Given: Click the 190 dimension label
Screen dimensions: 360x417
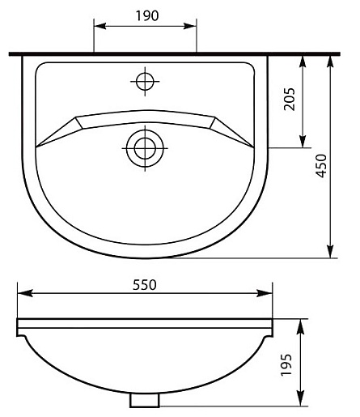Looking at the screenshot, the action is (147, 15).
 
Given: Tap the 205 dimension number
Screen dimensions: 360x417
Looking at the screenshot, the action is (290, 99).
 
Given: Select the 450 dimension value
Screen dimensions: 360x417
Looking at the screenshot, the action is (321, 166).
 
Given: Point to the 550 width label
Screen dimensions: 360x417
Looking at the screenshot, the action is (145, 285).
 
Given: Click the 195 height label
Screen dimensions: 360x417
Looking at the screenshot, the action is (286, 365).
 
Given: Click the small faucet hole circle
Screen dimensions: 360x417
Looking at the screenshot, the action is (145, 81).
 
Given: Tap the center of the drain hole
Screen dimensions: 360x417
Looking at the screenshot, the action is (145, 148).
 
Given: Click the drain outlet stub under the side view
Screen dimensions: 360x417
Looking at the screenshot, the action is (145, 400).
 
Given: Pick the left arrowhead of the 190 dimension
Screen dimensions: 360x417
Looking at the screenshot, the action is (100, 26).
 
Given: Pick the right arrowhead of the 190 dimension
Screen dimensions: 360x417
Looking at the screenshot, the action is (190, 26).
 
